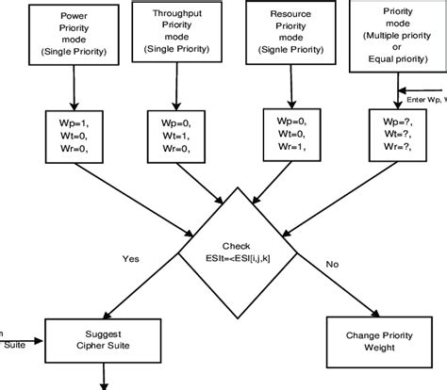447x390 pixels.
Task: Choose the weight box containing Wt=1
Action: [175, 138]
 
